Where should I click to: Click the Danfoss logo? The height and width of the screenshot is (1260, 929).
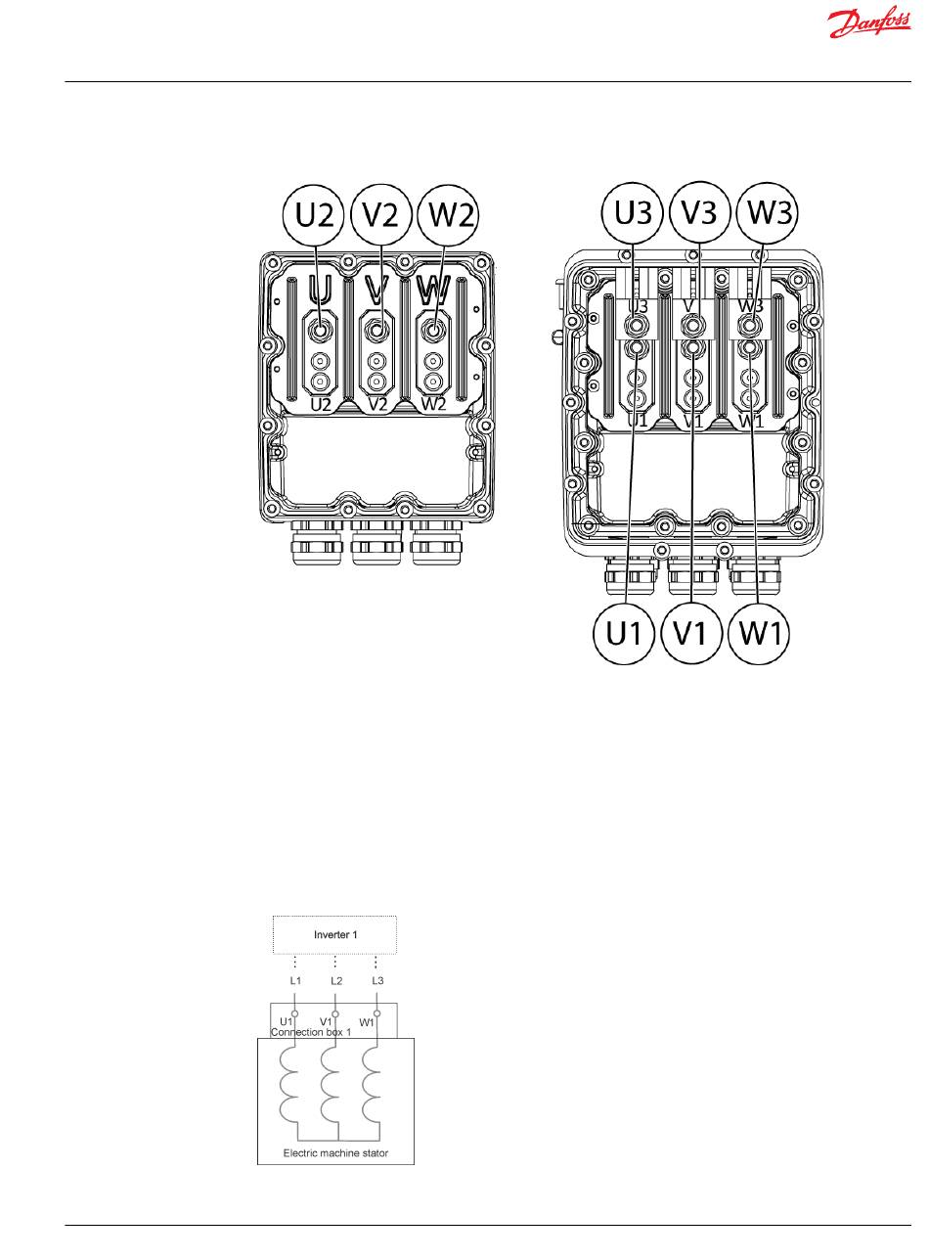868,24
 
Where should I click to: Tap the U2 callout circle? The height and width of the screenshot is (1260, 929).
314,215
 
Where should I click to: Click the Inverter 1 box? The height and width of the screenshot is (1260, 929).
334,935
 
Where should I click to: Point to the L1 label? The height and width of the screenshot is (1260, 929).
294,980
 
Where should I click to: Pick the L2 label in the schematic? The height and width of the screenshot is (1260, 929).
335,980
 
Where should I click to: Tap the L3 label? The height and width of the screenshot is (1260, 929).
376,980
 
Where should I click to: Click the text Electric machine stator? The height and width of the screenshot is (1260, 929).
335,1153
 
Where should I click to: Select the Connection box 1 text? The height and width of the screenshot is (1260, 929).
310,1032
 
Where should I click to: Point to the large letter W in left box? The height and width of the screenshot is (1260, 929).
431,290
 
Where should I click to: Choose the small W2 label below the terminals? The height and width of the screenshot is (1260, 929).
432,404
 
